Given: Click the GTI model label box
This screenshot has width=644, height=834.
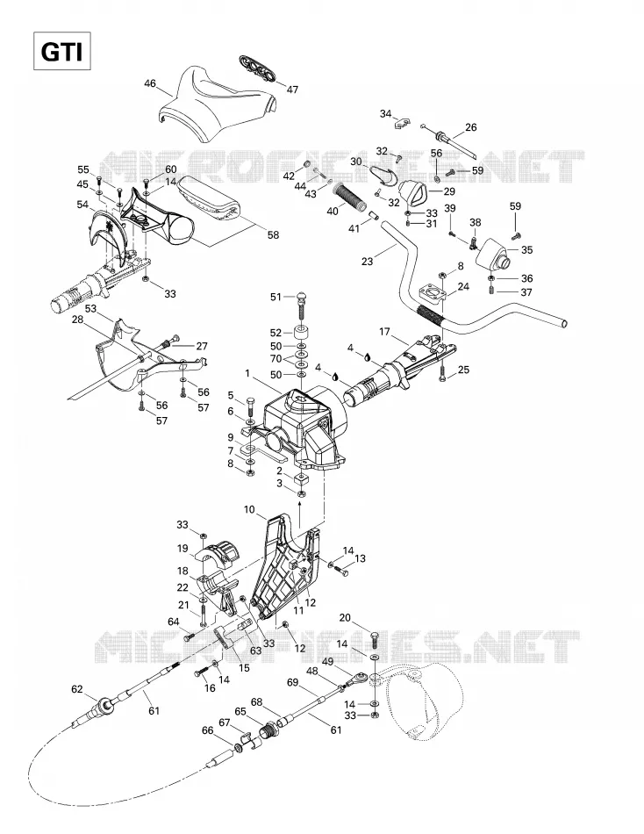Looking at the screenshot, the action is click(62, 51).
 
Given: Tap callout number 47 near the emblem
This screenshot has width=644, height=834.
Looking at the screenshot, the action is click(292, 90).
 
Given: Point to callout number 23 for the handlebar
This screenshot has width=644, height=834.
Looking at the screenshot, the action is click(367, 261).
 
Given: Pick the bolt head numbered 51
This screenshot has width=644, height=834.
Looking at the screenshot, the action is click(301, 296).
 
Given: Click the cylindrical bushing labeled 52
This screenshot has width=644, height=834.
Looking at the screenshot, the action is click(301, 334).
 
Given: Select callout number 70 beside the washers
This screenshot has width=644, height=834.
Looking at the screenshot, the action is click(276, 359).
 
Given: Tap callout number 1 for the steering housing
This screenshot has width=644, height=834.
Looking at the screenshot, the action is click(247, 374).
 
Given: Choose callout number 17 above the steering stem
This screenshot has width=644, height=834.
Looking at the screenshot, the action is click(384, 332).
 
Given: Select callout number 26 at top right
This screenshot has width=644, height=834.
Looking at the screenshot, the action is click(470, 127).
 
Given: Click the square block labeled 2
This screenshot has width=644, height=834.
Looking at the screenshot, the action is click(302, 478).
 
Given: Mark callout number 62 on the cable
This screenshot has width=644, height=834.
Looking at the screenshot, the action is click(77, 689).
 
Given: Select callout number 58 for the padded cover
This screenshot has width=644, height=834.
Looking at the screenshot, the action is click(273, 234).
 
